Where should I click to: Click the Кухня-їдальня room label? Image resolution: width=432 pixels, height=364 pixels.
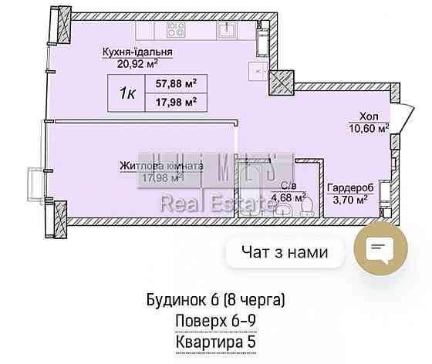click(137, 52)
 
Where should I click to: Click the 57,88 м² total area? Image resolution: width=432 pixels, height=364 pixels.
click(174, 83)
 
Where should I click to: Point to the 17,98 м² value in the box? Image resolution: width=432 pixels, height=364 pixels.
click(174, 100)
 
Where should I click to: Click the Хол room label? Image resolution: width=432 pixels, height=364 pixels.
click(370, 117)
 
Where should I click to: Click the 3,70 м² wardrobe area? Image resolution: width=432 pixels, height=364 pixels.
click(350, 199)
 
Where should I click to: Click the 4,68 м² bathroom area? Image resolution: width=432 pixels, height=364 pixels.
click(286, 197)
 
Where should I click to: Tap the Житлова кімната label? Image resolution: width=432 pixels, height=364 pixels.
click(162, 165)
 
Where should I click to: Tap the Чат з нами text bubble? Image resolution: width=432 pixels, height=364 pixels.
click(285, 251)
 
